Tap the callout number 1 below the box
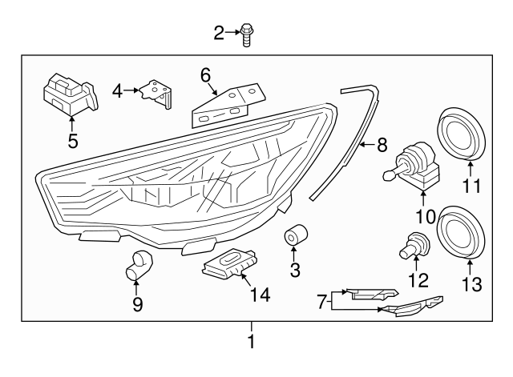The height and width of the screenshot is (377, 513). pyautogui.click(x=251, y=342)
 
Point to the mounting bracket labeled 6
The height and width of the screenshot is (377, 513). pyautogui.click(x=227, y=105)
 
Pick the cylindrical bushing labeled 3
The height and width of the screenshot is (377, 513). pyautogui.click(x=296, y=238)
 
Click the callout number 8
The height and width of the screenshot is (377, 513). pyautogui.click(x=382, y=145)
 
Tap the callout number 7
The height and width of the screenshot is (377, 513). pyautogui.click(x=321, y=301)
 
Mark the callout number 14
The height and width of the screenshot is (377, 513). pyautogui.click(x=259, y=295)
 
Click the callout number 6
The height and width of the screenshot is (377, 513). pyautogui.click(x=205, y=75)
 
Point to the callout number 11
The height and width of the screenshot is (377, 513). pyautogui.click(x=471, y=187)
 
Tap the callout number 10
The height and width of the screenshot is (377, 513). pyautogui.click(x=422, y=215)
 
